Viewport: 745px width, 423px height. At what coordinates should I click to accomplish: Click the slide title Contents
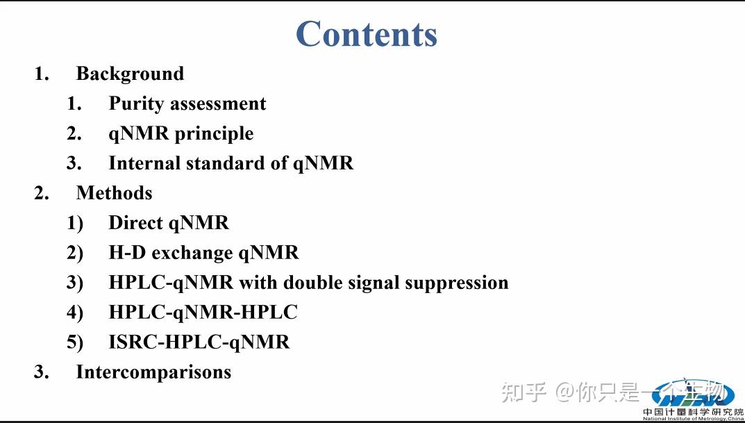tap(367, 34)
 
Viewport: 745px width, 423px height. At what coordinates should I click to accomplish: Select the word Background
tap(130, 74)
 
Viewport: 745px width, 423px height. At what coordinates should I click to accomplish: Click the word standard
tap(209, 163)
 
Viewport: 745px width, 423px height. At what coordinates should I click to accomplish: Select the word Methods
tap(114, 193)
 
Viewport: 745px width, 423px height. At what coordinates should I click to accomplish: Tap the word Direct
tap(135, 223)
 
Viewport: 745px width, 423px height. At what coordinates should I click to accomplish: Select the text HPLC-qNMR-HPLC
tap(203, 313)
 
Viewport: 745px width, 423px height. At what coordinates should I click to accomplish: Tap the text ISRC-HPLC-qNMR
tap(199, 342)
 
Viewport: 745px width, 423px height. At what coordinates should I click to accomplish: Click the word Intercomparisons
tap(153, 372)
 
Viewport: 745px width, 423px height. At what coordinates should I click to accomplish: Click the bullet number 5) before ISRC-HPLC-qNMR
tap(75, 342)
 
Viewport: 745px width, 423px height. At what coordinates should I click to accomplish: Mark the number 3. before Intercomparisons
tap(42, 372)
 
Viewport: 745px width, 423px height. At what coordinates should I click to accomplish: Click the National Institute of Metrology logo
tap(692, 400)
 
